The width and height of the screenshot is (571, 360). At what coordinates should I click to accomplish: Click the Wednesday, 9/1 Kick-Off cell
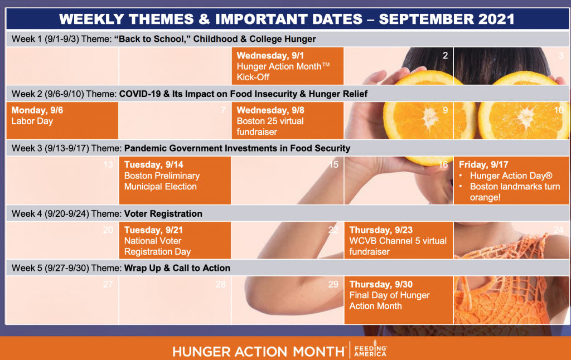coord(288,66)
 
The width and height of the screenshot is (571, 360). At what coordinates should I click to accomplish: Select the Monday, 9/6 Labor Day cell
coord(62,120)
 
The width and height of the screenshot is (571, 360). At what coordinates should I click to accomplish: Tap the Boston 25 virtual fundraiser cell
coord(288,120)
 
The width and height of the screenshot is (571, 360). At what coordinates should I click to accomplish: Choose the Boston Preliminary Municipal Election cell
coord(175,180)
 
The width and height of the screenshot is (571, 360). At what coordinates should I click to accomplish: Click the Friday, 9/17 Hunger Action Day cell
coord(511,180)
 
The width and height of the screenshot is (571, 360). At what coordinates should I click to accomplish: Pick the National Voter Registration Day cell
coord(175,240)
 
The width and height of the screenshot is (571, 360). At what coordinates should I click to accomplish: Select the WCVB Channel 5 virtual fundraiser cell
coord(399,240)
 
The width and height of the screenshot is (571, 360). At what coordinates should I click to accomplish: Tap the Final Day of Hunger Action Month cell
coord(399,300)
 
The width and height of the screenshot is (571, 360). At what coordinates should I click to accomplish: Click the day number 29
coord(333,284)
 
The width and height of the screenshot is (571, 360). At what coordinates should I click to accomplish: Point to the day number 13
coord(108,164)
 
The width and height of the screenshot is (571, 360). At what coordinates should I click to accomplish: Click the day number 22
coord(333,230)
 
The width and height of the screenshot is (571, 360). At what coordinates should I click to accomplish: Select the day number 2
coord(445,55)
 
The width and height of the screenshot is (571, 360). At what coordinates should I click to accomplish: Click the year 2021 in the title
coord(496,19)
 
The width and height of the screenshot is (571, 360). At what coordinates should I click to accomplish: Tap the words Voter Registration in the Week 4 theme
coord(163,213)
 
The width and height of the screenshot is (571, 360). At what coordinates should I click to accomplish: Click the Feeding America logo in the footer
coord(371,349)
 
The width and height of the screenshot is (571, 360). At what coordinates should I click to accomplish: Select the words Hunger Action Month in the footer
coord(259,352)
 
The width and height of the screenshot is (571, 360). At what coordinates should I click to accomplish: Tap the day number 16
coord(443,164)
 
